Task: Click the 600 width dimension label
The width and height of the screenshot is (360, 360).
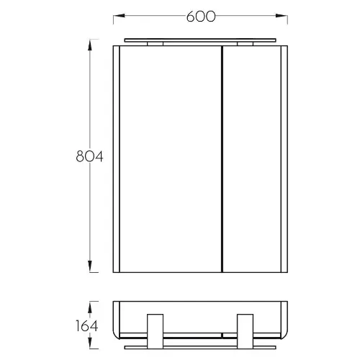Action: coord(201,17)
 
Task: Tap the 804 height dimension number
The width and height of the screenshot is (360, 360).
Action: coord(89,156)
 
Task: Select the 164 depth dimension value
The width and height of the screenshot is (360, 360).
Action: coord(86,325)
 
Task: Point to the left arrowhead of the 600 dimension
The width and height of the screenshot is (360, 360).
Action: coord(119,16)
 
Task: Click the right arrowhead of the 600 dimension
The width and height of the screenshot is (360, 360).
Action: coord(282,16)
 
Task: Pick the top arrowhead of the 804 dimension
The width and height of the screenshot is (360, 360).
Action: coord(90,45)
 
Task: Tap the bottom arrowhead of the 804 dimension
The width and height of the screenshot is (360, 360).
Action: coord(90,266)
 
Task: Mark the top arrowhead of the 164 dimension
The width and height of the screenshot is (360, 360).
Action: coord(90,307)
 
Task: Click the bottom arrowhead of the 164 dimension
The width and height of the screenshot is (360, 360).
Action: coord(90,343)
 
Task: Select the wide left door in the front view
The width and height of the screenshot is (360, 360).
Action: coord(171,159)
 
